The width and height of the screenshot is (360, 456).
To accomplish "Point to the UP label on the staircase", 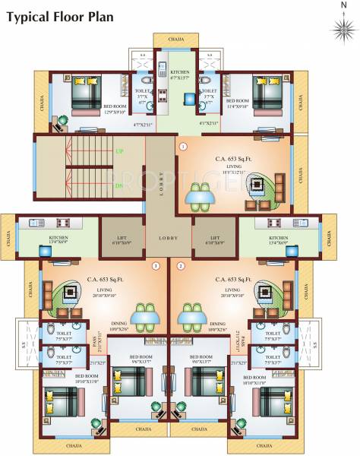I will pyautogui.click(x=118, y=152).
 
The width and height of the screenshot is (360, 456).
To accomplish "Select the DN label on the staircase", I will pyautogui.click(x=118, y=185).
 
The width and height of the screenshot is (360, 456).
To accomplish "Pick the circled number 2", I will pyautogui.click(x=181, y=266).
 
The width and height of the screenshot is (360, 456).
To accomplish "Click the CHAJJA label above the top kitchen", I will pyautogui.click(x=176, y=40).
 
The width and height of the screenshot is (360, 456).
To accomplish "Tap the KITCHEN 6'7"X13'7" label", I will pyautogui.click(x=180, y=74).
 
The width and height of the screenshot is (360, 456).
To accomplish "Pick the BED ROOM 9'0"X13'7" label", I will pyautogui.click(x=201, y=359).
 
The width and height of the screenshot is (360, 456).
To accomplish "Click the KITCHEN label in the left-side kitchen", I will pyautogui.click(x=58, y=240).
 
